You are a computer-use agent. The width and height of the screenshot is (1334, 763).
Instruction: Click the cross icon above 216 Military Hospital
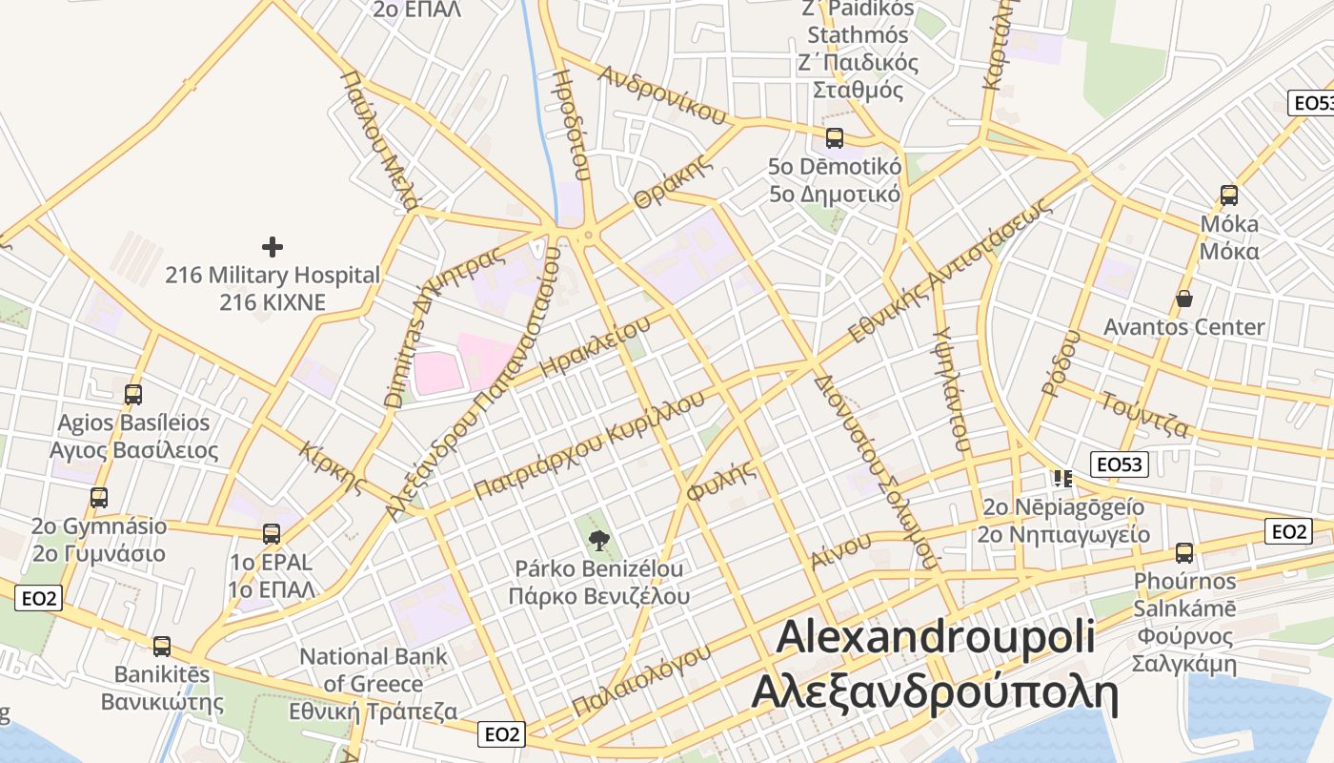[x=273, y=247]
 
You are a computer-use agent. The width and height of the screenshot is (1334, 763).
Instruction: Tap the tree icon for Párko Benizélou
[x=598, y=542]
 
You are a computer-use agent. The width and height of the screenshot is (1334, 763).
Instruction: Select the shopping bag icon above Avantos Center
[x=1183, y=299]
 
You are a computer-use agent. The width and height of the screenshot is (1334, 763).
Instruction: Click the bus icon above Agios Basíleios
[x=133, y=394]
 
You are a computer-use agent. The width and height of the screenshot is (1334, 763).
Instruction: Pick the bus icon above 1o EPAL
[x=272, y=534]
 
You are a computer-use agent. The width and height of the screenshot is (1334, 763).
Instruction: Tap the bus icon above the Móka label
[x=1229, y=196]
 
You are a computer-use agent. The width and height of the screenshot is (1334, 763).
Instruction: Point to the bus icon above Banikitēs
[x=162, y=647]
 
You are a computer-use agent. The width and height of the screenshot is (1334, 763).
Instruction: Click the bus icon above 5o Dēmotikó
[x=835, y=138]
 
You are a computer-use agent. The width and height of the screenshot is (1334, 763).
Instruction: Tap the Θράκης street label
[x=674, y=181]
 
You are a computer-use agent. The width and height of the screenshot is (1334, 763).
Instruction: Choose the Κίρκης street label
[x=333, y=466]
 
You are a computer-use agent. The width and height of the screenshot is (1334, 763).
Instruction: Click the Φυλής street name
[x=721, y=481]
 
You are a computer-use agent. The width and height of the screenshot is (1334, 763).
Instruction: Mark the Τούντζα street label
[x=1143, y=415]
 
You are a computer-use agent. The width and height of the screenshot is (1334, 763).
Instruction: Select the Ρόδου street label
[x=1061, y=362]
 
